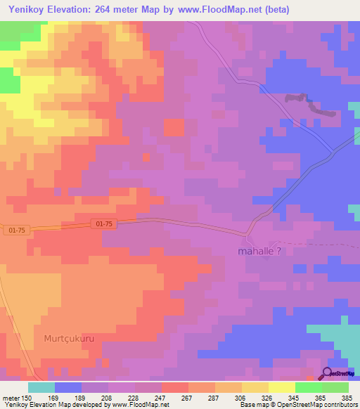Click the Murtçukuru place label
pos(68,338)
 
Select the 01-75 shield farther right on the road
pos(103,223)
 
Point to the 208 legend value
pos(106,397)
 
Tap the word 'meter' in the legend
pos(11,397)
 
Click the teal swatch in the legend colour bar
pos(41,387)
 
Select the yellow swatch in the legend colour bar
pos(281,387)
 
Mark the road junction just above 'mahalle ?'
pos(247,234)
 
